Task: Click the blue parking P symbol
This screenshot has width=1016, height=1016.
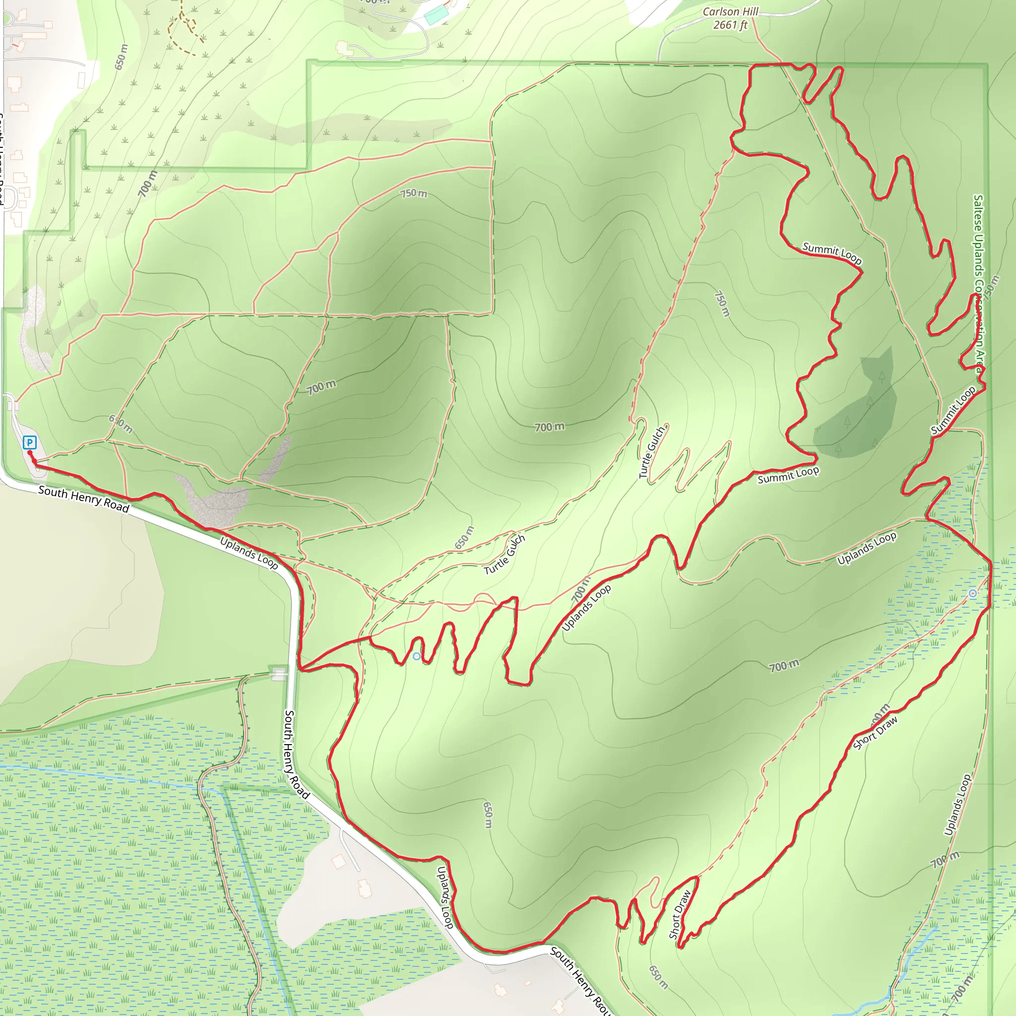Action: (30, 442)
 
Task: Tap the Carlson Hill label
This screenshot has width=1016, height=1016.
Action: (730, 11)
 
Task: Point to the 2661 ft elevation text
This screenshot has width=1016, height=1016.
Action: (730, 25)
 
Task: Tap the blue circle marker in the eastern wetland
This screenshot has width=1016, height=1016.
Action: (973, 593)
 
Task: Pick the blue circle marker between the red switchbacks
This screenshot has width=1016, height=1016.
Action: (417, 656)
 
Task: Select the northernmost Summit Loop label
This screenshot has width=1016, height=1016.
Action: (832, 253)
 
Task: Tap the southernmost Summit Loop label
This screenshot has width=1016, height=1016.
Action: (788, 475)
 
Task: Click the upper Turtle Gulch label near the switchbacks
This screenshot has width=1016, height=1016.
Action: (652, 452)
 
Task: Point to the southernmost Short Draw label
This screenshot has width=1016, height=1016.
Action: (680, 914)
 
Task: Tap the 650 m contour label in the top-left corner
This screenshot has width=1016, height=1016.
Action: (122, 57)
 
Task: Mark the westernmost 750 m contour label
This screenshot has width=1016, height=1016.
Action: (414, 193)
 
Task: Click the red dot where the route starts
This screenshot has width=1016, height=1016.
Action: (30, 452)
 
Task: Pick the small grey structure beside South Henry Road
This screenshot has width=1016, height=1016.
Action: (279, 673)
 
